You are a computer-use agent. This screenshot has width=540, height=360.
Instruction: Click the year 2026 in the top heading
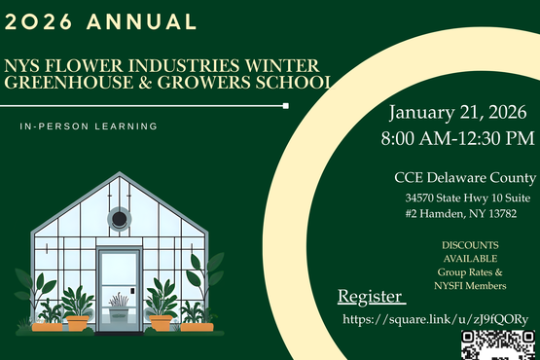coord(40,21)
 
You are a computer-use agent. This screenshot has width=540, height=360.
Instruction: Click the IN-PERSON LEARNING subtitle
coord(88,126)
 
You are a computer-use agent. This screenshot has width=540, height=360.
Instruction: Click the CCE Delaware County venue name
coord(464,177)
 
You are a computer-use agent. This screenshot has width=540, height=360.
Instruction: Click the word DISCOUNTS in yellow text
coord(470,244)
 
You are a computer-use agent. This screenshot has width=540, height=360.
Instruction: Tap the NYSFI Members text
coord(471,286)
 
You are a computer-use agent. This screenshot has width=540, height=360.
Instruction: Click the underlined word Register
coord(369,296)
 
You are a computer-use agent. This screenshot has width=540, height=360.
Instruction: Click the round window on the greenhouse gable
coord(119,219)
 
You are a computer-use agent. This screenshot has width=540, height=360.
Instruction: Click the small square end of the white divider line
coord(286,105)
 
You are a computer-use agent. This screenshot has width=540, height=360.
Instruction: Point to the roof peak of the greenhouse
coord(119,176)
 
